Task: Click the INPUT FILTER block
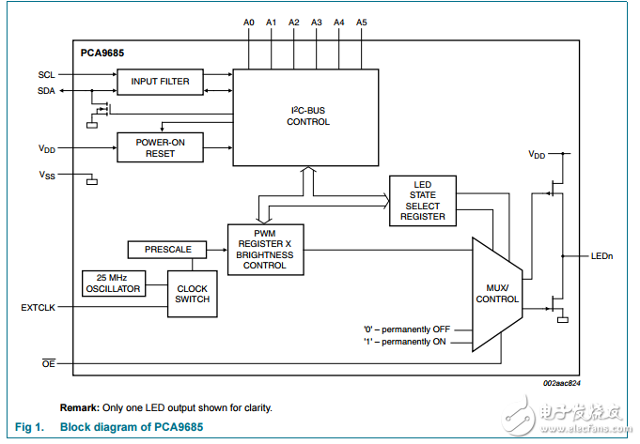tap(160, 82)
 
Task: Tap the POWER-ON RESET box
tap(160, 147)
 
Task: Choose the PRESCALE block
tap(167, 250)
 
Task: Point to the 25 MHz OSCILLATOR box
tap(114, 283)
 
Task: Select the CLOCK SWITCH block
tap(192, 293)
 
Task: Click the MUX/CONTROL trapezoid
tap(496, 293)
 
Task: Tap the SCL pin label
tap(47, 74)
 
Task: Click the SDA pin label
tap(47, 90)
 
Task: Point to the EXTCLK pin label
tap(38, 308)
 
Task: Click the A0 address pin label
tap(248, 21)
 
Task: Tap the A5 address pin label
tap(362, 21)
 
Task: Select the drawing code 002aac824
tap(563, 385)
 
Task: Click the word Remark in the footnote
tap(80, 407)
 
